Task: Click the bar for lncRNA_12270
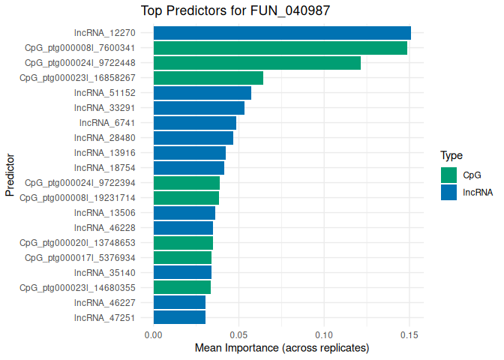point(282,33)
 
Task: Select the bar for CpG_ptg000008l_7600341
point(280,48)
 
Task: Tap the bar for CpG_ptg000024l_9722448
point(257,63)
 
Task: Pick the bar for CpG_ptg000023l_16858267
point(208,78)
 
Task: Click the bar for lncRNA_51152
point(202,93)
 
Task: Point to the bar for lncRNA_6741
point(195,123)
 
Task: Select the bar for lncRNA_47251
point(179,317)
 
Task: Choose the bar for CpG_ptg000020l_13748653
point(183,242)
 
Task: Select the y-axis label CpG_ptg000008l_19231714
point(77,197)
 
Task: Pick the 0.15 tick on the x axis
point(409,334)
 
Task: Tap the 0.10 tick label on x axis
point(324,334)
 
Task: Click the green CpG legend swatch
point(448,175)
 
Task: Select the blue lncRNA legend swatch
point(448,192)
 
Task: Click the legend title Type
point(451,156)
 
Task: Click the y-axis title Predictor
point(10,175)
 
